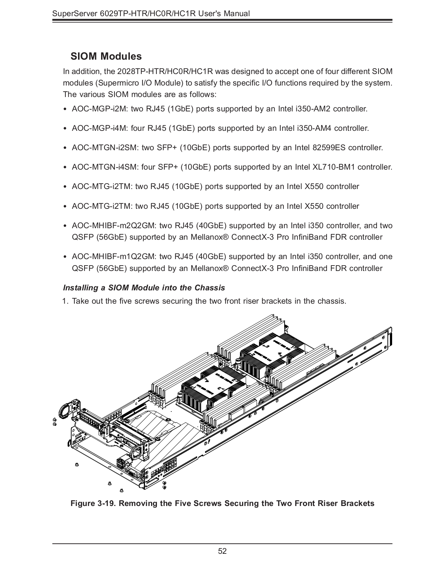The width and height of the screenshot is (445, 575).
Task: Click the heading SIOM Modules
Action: click(106, 56)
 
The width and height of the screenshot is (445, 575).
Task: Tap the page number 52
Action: click(222, 551)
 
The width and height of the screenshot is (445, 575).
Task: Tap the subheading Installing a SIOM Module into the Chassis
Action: click(144, 287)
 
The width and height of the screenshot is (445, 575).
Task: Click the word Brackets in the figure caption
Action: click(357, 503)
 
